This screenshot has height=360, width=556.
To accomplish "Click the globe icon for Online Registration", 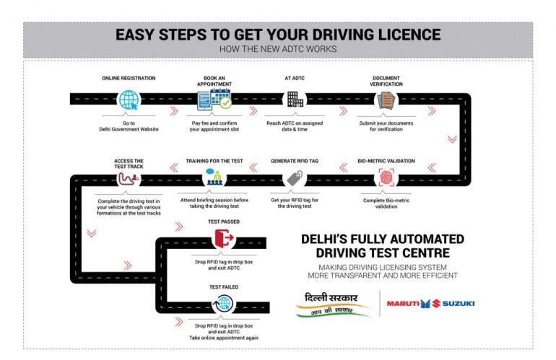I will [x=128, y=99].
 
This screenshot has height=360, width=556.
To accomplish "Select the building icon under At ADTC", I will [x=294, y=99].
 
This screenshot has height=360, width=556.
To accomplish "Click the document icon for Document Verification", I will [x=386, y=100].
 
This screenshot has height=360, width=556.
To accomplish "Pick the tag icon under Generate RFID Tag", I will [x=294, y=177].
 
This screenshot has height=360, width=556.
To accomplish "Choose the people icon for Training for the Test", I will [x=214, y=177].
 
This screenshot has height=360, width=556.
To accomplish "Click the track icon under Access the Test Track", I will [x=129, y=177].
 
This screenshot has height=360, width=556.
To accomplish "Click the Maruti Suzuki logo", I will [x=431, y=304].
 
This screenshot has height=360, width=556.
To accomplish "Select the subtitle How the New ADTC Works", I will [x=278, y=49].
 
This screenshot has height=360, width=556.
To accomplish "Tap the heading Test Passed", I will [x=224, y=221].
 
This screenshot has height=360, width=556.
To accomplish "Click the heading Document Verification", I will [x=386, y=81].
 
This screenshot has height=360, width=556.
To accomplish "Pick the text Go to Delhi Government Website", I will [x=129, y=126].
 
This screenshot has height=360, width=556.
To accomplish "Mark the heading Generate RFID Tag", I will [x=294, y=161].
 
